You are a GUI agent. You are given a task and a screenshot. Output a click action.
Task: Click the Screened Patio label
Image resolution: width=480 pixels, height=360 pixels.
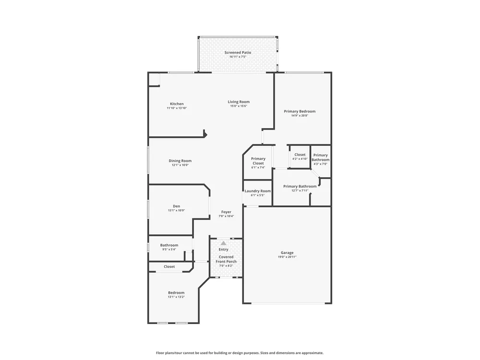238,52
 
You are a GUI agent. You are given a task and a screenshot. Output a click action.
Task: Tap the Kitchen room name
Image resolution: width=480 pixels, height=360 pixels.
177,104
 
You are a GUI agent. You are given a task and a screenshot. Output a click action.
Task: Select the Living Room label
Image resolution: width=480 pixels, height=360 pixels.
239,102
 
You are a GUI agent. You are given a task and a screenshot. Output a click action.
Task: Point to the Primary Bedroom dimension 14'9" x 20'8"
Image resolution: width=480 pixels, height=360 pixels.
300,115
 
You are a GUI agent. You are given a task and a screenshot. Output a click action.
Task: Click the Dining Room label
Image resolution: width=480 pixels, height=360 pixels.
180,161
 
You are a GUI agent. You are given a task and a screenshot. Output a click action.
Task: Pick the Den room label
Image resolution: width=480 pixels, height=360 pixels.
177,206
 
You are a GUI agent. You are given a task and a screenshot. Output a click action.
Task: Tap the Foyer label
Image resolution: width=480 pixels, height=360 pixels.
226,212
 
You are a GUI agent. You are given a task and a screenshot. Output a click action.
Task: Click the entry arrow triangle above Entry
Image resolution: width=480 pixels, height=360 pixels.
224,243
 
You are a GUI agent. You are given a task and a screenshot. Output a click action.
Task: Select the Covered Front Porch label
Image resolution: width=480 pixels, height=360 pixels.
226,259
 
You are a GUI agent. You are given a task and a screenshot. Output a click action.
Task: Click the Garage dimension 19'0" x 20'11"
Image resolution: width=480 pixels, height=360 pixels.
287,257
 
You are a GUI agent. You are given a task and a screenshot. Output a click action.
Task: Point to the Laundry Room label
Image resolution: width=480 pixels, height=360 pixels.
258,191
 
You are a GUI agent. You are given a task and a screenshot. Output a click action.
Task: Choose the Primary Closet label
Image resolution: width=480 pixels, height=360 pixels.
258,161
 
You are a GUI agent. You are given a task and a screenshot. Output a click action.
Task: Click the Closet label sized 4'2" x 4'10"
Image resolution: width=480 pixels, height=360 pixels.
300,155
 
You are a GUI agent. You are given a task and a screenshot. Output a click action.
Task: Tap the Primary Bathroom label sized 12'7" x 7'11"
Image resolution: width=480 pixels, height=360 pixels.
300,186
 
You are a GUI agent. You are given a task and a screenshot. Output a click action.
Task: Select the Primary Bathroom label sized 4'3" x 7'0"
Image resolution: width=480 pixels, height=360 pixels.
321,157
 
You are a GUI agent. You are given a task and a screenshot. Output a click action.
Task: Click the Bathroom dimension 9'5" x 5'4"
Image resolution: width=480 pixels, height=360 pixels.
169,250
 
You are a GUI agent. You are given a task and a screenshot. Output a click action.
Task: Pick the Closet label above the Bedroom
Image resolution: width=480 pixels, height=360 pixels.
169,266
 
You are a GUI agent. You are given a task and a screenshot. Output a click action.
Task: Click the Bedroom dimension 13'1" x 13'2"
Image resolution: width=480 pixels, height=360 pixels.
176,297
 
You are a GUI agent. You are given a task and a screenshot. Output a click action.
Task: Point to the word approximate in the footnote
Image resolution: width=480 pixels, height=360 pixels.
312,353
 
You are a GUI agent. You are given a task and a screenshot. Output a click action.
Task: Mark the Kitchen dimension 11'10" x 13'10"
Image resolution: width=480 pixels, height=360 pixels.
177,108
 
